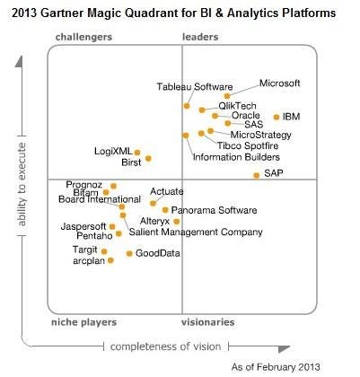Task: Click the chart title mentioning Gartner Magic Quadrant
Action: (x=180, y=13)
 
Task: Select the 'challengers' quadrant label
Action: (x=83, y=37)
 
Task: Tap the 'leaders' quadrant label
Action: (x=200, y=37)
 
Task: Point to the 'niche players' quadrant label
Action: (x=84, y=321)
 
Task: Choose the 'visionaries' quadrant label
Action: (x=207, y=321)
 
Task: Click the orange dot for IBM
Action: (x=276, y=117)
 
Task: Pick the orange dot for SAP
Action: (x=256, y=176)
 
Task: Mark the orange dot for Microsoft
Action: (x=227, y=95)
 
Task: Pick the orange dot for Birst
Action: (x=148, y=159)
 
